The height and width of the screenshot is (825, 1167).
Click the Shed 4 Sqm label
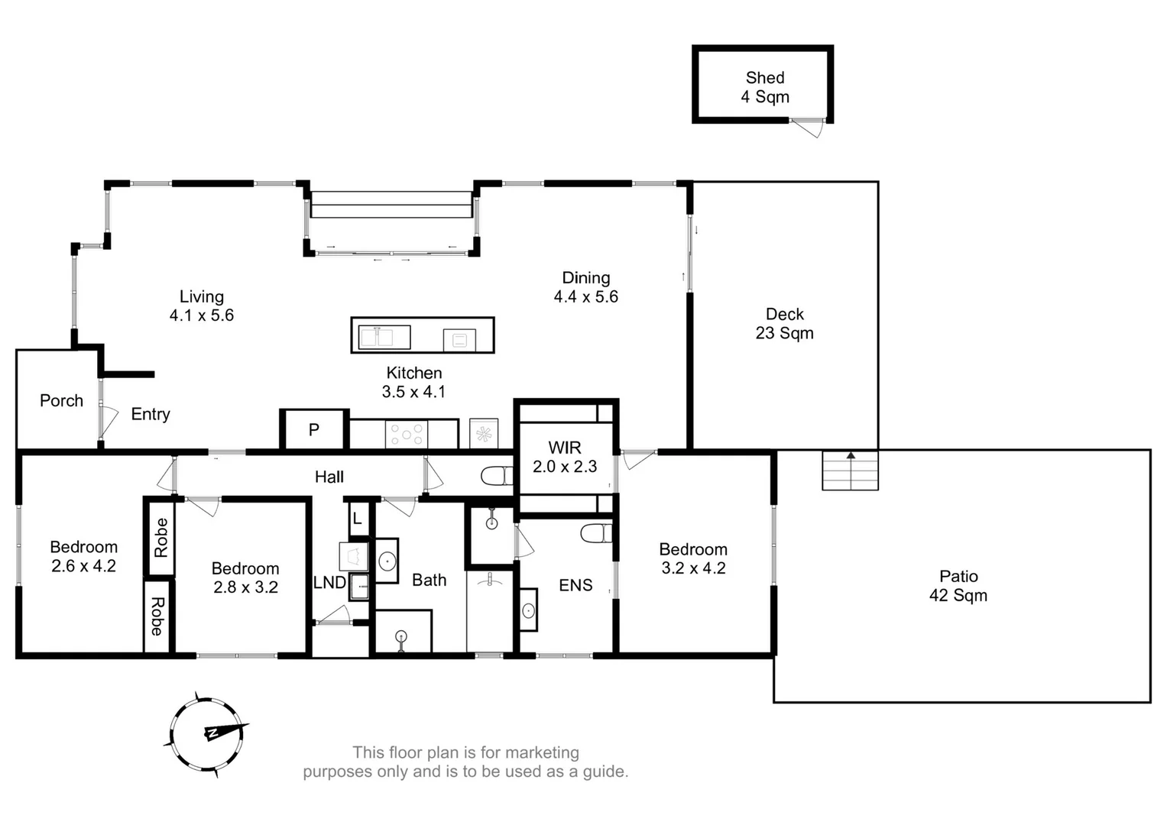764,87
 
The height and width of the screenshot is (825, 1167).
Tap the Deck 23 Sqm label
784,324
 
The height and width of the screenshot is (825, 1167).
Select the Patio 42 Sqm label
958,586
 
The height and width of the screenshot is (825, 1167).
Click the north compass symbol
207,734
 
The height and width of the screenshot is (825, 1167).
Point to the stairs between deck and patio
850,471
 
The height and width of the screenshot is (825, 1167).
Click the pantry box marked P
314,430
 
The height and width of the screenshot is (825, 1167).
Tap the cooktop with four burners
407,435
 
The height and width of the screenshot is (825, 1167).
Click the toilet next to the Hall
498,477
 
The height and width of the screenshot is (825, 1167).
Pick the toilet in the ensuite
595,533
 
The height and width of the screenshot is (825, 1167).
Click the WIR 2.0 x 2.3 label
565,457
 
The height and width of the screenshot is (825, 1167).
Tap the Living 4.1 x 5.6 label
201,306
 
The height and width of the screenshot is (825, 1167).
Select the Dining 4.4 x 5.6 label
585,287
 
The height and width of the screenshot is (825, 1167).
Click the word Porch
61,401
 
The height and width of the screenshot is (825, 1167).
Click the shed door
809,128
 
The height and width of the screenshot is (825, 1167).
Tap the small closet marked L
358,519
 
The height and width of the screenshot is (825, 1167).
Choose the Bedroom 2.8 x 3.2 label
245,577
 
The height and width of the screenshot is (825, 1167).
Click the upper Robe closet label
160,537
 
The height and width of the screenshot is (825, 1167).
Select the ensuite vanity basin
528,610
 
